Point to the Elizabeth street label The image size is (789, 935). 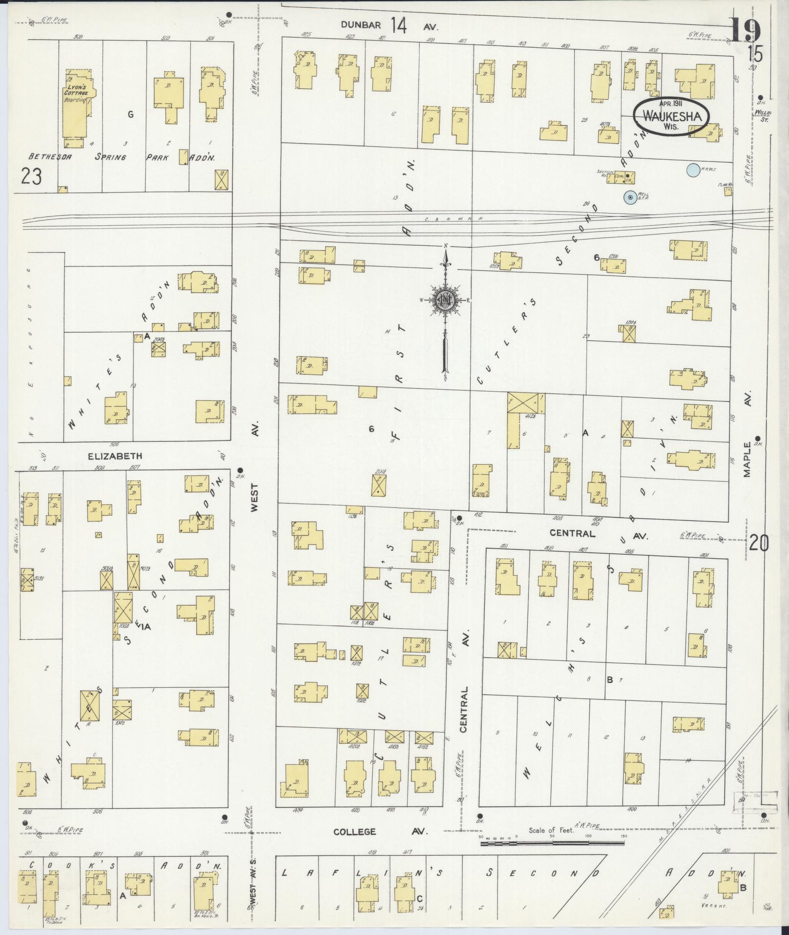tap(115, 456)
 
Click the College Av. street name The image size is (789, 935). tap(355, 831)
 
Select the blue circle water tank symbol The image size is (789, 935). tap(692, 170)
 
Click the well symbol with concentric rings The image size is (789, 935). tap(631, 197)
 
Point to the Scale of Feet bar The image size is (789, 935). tap(553, 842)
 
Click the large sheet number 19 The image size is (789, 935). tap(746, 30)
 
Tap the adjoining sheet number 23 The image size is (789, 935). tap(31, 176)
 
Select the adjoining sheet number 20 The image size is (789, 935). tap(758, 544)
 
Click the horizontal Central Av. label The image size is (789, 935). tap(572, 534)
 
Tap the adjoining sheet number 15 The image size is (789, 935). tap(754, 54)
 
